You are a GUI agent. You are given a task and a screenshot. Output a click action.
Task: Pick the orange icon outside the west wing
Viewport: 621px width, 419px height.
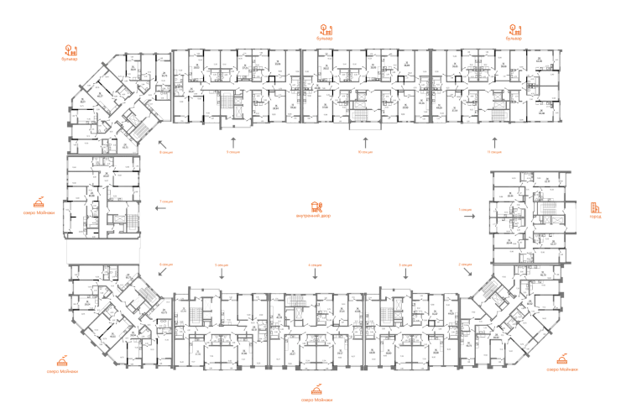click(39, 205)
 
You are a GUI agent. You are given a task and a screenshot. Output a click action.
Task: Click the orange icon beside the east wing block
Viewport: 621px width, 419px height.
click(596, 210)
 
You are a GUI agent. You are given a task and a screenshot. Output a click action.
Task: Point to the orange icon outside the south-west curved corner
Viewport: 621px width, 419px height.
click(60, 364)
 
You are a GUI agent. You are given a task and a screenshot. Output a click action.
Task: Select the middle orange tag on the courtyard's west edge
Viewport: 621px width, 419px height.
click(165, 202)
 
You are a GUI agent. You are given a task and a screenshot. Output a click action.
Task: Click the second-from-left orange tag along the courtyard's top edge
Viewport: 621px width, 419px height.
click(232, 152)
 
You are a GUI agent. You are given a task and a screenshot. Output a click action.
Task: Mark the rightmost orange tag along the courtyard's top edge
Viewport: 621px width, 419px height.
click(493, 152)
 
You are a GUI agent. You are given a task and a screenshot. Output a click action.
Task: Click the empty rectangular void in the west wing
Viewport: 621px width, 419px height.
click(99, 252)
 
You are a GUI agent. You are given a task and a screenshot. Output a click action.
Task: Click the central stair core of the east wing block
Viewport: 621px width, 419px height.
click(550, 217)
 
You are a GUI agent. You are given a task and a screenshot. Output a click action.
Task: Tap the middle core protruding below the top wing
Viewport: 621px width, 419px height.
click(363, 110)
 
